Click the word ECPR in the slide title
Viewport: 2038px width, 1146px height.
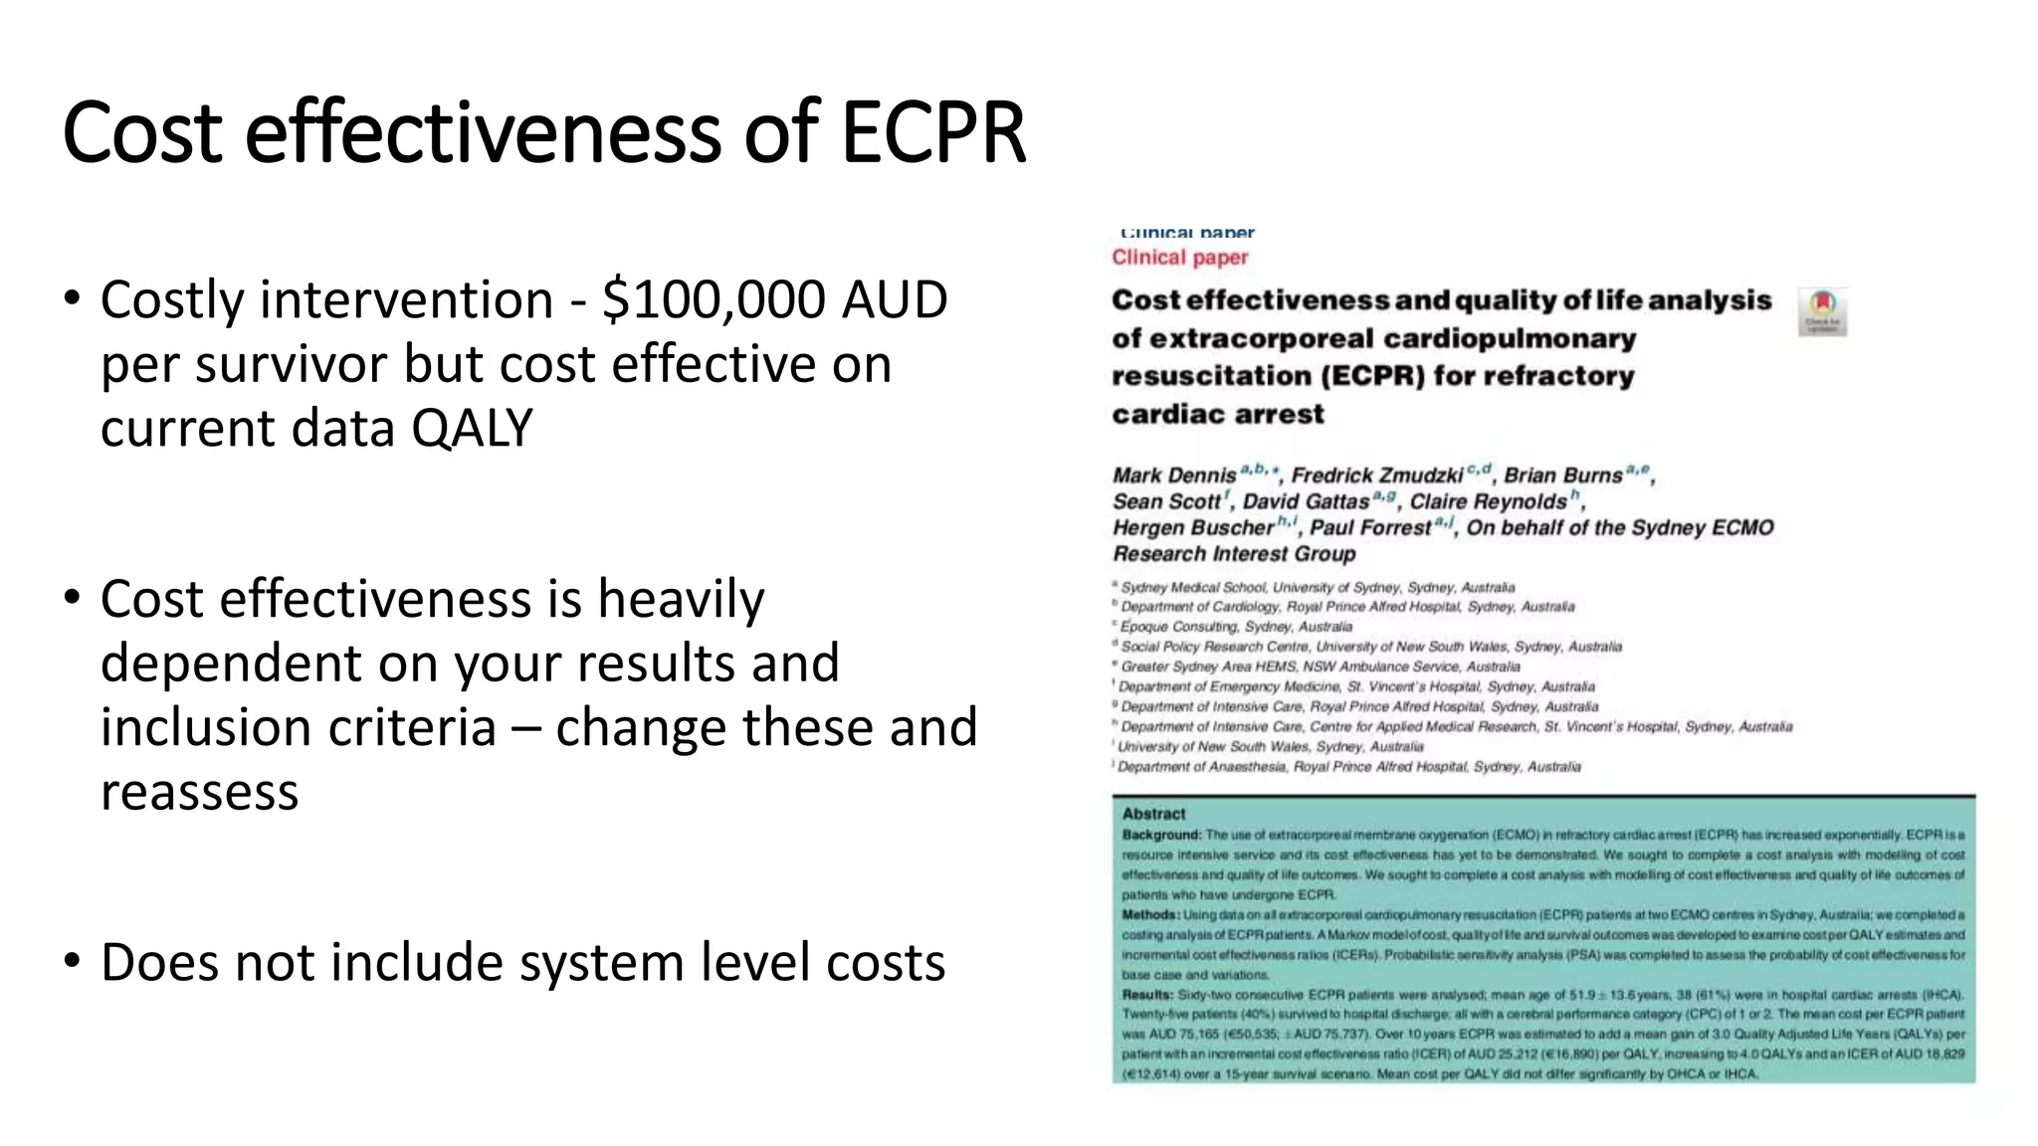(x=932, y=132)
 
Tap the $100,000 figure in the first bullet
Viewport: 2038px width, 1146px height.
(x=713, y=299)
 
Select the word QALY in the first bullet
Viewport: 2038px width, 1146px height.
(x=472, y=429)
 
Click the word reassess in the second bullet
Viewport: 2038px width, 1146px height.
(x=199, y=792)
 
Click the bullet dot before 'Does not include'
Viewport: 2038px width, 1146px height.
(x=71, y=961)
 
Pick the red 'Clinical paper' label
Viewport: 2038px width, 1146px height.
(x=1179, y=258)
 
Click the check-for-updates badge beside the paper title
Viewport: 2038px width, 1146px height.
(x=1822, y=311)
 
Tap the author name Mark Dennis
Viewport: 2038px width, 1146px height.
(x=1174, y=476)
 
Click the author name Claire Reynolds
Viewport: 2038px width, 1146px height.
(x=1488, y=501)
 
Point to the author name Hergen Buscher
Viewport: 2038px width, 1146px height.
(x=1192, y=528)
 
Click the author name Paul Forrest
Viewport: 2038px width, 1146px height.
(x=1369, y=528)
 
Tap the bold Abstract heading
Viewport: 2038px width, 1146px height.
(x=1153, y=814)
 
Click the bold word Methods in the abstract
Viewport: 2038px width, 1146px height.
(x=1150, y=915)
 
